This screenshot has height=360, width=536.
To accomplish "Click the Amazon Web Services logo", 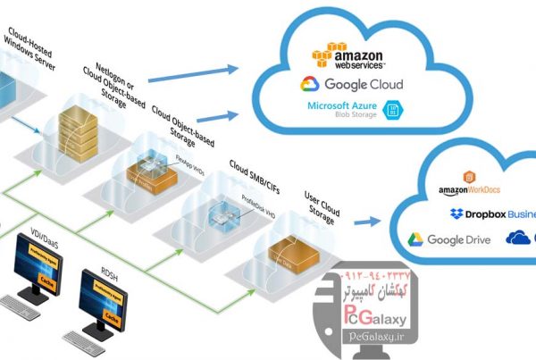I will tap(348, 56).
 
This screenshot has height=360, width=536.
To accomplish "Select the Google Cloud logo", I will tap(351, 85).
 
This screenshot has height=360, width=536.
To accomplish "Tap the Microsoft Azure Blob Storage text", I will tap(339, 110).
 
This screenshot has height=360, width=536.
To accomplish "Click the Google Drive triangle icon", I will tap(415, 239).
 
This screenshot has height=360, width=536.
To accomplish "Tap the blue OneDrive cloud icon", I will tap(517, 238).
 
